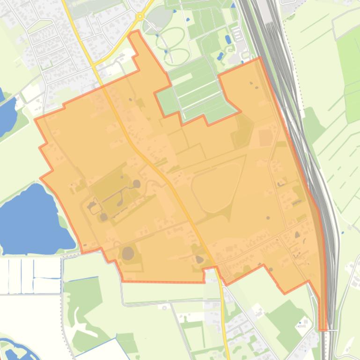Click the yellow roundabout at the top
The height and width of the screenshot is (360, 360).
coord(140,16)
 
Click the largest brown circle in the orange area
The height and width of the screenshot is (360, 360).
coord(128,254)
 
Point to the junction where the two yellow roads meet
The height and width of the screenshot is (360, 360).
coord(95,66)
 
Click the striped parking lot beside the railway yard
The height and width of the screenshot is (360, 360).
coord(237,34)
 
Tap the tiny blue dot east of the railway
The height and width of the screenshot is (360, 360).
coord(342,232)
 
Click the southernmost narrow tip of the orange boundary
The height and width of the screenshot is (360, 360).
coord(323,327)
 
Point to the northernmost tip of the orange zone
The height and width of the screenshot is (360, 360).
coord(136,32)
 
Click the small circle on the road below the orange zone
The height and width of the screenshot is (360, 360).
coord(164,307)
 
